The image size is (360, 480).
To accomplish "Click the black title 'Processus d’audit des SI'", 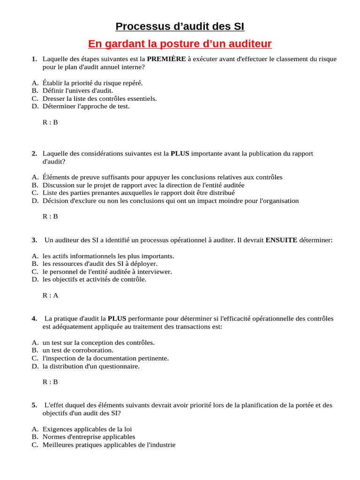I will (180, 26).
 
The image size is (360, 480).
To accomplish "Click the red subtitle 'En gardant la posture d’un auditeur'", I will (180, 44).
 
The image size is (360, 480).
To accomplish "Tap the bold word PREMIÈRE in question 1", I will (166, 59).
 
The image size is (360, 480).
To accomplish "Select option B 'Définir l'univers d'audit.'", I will (78, 90).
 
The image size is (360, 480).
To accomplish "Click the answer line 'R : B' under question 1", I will (50, 122).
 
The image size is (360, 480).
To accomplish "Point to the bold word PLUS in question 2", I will (180, 153).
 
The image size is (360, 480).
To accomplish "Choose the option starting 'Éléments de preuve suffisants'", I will (162, 177).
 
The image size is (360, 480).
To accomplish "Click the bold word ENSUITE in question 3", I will (281, 240).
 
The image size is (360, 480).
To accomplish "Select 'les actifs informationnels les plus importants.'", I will (108, 256).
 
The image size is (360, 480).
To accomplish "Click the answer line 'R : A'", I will (50, 295).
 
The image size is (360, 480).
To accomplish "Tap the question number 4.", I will (35, 319).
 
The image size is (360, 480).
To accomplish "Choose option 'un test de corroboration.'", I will (78, 350).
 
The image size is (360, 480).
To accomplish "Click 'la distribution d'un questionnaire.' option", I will (91, 366).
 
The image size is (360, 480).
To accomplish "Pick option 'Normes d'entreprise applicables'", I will (89, 437).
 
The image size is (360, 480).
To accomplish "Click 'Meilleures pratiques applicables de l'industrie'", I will (109, 445).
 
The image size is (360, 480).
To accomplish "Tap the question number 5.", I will (35, 405).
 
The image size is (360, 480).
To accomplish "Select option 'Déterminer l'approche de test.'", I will (86, 106).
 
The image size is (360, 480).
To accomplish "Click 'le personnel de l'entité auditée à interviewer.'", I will (107, 271).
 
